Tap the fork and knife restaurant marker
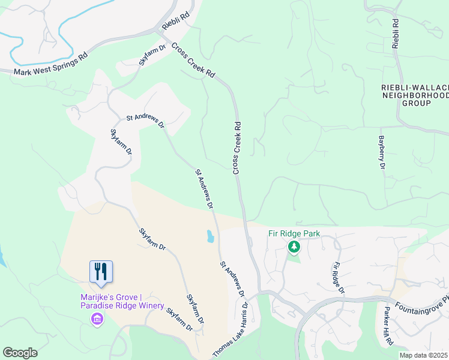101,271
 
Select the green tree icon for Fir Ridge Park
294,247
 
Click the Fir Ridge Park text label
294,233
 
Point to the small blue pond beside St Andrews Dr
209,236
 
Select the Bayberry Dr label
381,152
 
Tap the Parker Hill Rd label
388,326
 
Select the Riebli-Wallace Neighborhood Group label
415,95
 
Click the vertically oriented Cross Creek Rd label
237,149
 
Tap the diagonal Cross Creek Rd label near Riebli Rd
193,59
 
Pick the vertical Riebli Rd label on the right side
396,34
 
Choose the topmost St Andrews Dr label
145,121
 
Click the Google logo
20,352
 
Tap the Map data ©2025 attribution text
423,355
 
